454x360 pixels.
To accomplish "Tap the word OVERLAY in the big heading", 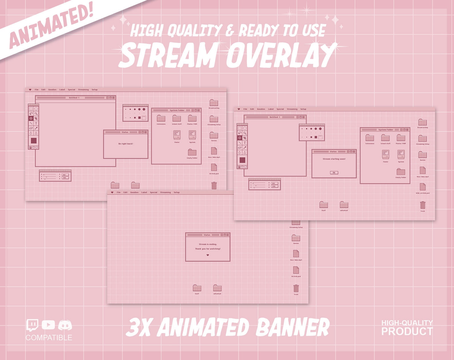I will [281, 55].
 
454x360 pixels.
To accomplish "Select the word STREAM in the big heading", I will [169, 55].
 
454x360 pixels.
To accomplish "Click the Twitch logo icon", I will [32, 325].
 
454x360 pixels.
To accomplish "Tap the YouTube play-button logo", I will [48, 325].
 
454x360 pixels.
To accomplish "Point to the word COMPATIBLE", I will [49, 338].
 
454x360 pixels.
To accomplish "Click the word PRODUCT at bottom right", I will [407, 331].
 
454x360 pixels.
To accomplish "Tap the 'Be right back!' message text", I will [126, 144].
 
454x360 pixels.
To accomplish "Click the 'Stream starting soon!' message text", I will [334, 159].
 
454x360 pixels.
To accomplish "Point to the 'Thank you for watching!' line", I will [208, 249].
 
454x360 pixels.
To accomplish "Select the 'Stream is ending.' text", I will [208, 244].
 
